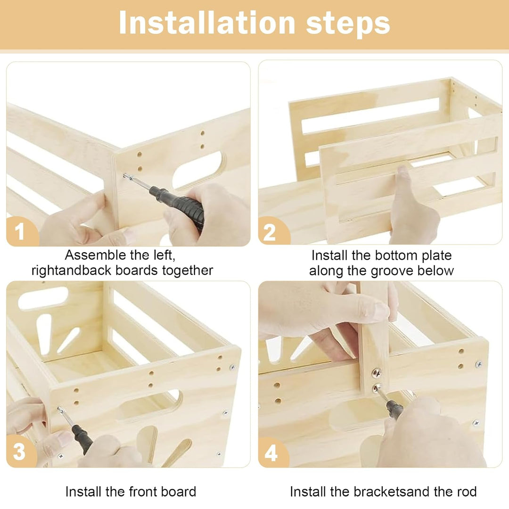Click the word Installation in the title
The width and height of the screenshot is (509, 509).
tap(207, 23)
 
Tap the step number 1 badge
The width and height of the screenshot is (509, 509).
tap(21, 231)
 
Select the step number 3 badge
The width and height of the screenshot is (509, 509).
tap(20, 451)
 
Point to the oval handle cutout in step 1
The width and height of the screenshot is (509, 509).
tap(198, 171)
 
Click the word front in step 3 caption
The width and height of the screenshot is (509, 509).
tap(143, 492)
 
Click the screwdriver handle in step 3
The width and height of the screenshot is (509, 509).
tap(82, 438)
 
